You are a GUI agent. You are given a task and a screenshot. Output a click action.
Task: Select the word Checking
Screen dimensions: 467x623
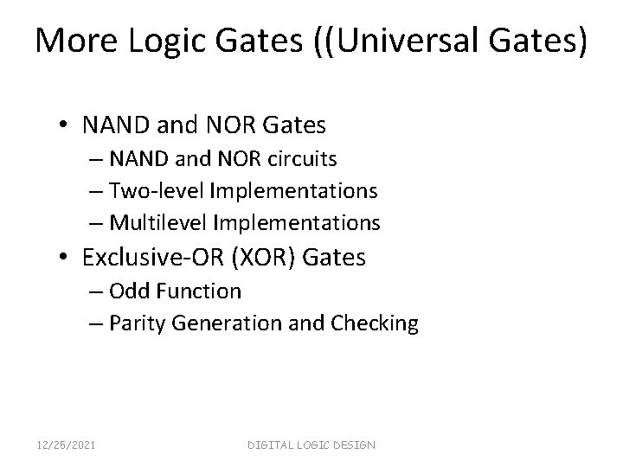point(377,323)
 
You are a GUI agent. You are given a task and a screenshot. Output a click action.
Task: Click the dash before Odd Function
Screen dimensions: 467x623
point(93,291)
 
